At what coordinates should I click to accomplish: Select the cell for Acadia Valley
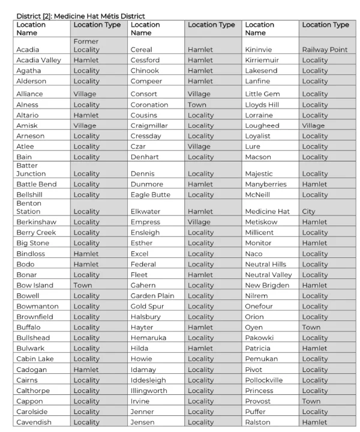click(38, 60)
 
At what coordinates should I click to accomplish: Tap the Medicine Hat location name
click(267, 211)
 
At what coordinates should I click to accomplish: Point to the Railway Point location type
click(325, 50)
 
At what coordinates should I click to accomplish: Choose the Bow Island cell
click(35, 285)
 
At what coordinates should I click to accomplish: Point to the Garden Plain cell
click(152, 296)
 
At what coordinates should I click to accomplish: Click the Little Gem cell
click(262, 94)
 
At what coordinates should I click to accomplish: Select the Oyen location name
click(254, 327)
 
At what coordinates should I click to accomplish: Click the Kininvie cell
click(260, 50)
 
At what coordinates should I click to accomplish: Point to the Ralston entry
click(258, 422)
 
